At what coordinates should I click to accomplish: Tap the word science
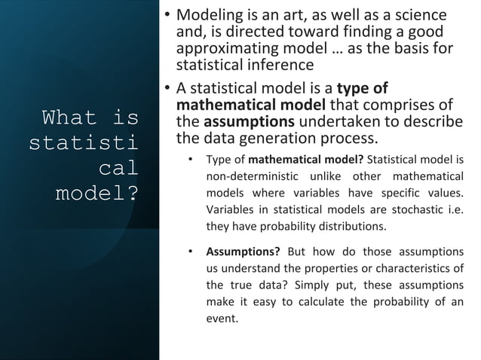tap(422, 15)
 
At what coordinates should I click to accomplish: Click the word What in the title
tap(69, 118)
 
